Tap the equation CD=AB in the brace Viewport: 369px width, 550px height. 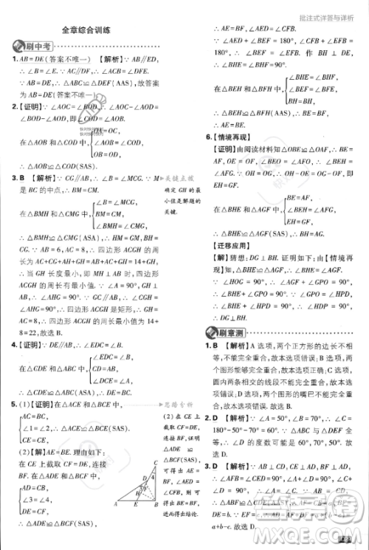coord(106,368)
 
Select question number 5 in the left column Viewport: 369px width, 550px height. coord(15,405)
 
